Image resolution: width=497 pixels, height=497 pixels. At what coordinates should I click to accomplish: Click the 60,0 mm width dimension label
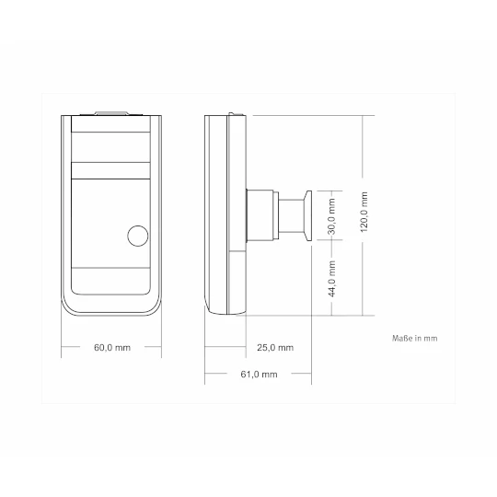[112, 348]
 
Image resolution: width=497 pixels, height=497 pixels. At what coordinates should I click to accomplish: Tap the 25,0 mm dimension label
[275, 348]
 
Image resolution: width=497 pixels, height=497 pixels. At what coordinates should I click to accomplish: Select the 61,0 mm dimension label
[259, 375]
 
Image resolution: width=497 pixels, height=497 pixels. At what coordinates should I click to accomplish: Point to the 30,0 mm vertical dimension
[331, 216]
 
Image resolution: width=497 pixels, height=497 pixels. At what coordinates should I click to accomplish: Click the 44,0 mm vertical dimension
[331, 279]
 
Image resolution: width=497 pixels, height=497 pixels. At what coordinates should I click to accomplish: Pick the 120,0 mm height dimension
[364, 212]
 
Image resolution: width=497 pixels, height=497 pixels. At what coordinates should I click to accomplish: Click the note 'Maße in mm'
[414, 338]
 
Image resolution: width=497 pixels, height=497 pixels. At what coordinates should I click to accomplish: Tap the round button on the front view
[137, 236]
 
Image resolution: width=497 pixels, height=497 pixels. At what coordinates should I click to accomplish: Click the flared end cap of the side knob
[308, 216]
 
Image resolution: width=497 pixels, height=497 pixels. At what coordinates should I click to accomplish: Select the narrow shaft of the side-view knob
[292, 216]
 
